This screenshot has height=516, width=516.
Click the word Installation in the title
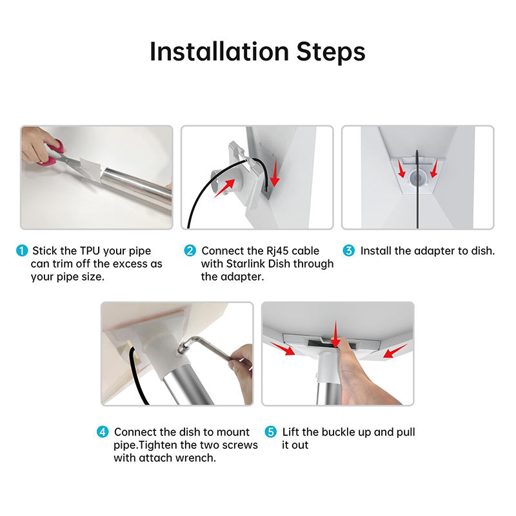tap(219, 52)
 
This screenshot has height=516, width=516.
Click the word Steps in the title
tap(331, 53)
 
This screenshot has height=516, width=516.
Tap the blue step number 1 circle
tap(22, 251)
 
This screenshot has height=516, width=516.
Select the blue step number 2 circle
tap(190, 251)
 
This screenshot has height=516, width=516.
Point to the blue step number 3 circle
tap(348, 251)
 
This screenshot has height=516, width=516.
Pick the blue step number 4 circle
tap(103, 432)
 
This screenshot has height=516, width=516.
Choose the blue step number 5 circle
tap(270, 432)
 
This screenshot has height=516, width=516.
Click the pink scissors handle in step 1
tap(53, 152)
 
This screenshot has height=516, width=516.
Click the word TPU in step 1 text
tap(90, 251)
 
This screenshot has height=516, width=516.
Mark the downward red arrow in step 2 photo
tap(275, 173)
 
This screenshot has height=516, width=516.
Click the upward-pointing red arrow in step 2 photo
tap(224, 188)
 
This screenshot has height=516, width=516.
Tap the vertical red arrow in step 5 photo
tap(335, 334)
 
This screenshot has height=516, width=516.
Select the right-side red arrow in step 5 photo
tap(395, 351)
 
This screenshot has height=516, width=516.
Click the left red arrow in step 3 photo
tap(401, 168)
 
